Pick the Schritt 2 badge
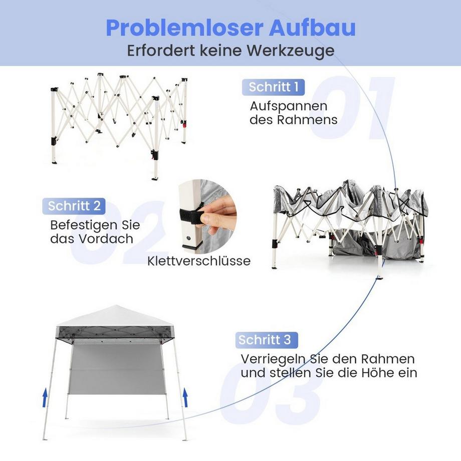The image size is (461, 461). pos(74,205)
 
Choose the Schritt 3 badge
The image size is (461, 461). pos(265,340)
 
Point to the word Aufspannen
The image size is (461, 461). pos(289,106)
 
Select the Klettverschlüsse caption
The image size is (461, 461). pos(199,261)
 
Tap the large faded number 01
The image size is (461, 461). pos(351,108)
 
